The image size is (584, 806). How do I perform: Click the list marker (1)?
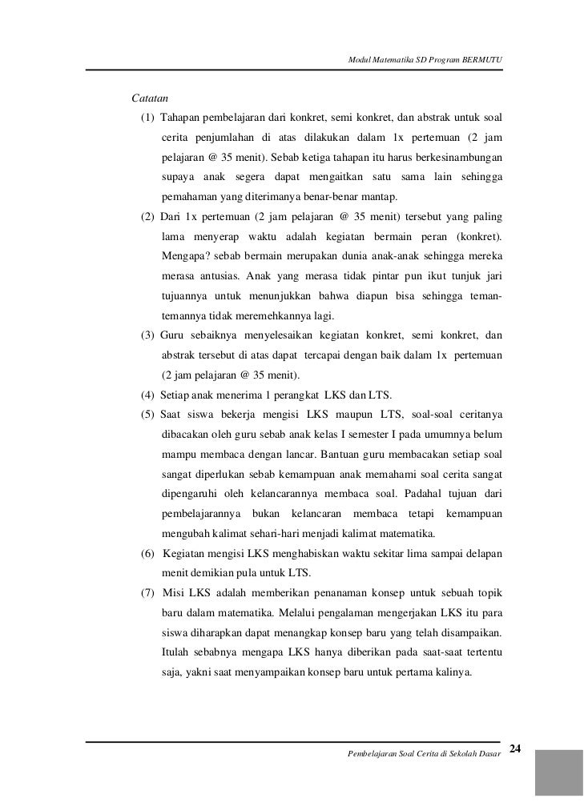point(148,119)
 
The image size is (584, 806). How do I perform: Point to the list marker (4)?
point(148,395)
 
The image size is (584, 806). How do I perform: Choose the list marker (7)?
point(148,597)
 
